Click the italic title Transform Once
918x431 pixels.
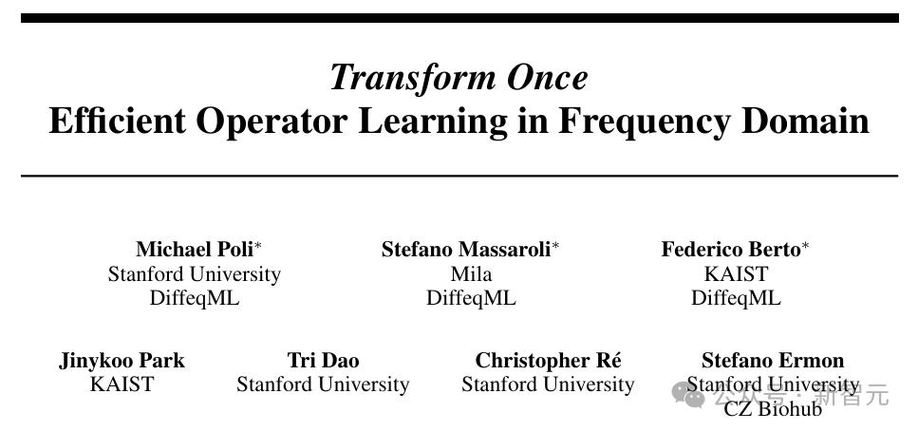(x=459, y=78)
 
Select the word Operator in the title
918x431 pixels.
(x=272, y=122)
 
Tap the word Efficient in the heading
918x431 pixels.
(x=117, y=121)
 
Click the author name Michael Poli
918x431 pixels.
(x=195, y=250)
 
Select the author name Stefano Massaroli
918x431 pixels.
(x=466, y=250)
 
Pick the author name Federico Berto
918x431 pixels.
(x=731, y=250)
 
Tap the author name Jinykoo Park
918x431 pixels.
(x=122, y=360)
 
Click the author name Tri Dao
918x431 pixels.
(x=323, y=360)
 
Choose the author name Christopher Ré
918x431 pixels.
(x=548, y=360)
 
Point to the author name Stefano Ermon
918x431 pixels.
(x=773, y=360)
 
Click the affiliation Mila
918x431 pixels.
(x=471, y=274)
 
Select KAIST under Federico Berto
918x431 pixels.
(x=736, y=274)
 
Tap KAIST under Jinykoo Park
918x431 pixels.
(x=122, y=384)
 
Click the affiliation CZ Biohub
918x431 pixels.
(x=773, y=409)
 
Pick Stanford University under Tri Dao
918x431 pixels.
(x=323, y=384)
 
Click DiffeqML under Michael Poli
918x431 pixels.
(x=195, y=298)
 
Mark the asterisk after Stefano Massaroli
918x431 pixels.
(x=555, y=246)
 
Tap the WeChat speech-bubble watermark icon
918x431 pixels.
(x=688, y=395)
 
